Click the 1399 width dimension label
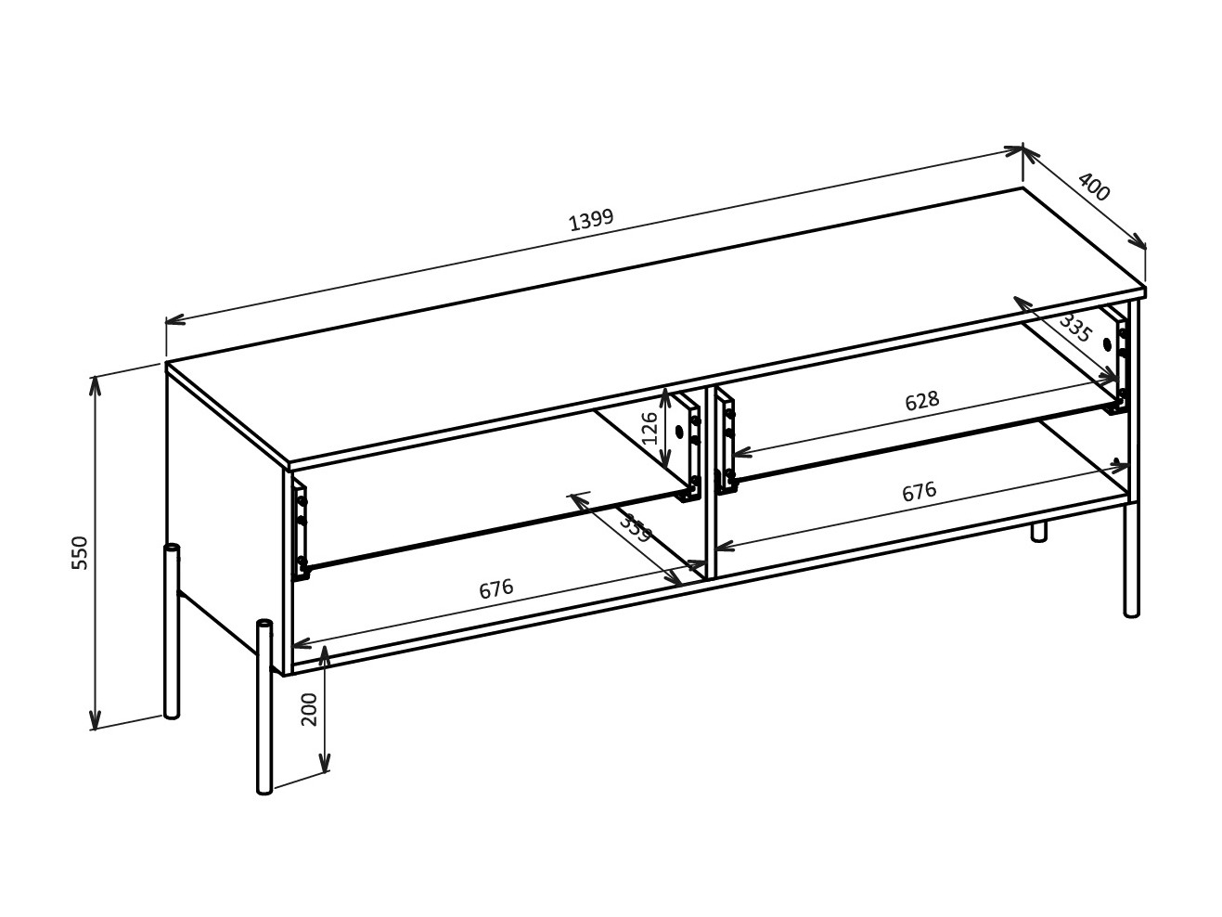591,219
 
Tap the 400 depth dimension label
1093,187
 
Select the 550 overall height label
80,552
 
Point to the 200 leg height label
310,709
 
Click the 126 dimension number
650,427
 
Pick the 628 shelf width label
921,401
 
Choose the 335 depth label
1074,329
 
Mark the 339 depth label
636,528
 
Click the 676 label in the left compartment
495,589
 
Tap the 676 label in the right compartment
919,492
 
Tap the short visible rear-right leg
1039,531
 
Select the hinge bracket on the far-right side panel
1121,366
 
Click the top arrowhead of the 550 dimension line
95,382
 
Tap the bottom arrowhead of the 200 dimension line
324,765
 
